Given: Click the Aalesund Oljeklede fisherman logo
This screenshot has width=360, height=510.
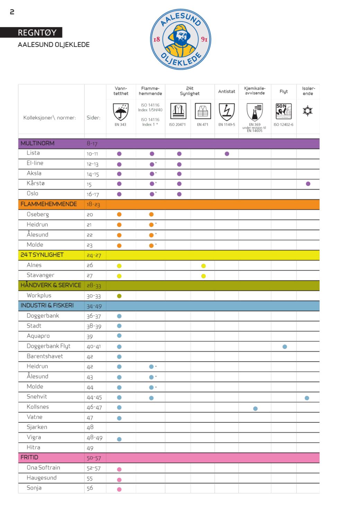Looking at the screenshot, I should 181,39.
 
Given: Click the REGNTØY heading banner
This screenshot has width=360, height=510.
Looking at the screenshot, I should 37,33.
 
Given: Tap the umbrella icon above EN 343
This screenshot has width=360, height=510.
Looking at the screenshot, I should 121,112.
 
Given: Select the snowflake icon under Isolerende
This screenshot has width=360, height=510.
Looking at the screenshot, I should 307,111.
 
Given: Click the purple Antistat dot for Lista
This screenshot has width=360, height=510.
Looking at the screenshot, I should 227,154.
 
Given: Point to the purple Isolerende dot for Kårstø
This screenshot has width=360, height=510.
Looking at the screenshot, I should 308,184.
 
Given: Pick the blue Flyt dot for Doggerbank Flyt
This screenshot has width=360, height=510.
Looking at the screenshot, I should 284,346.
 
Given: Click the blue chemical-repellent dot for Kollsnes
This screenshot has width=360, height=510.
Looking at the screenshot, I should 255,408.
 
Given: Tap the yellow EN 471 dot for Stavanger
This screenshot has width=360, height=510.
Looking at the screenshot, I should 203,276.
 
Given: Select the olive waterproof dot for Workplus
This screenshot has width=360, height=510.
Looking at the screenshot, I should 119,296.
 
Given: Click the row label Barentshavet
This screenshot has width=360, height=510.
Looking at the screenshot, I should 45,356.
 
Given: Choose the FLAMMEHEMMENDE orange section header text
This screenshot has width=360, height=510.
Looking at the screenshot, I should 49,204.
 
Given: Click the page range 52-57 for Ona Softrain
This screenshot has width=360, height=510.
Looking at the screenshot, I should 94,468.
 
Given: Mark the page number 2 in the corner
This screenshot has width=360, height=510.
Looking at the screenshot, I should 12,12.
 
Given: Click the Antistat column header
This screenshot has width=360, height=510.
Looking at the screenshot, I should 227,92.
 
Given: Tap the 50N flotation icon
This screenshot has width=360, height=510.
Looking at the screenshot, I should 283,111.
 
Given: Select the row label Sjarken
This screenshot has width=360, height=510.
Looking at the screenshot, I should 37,427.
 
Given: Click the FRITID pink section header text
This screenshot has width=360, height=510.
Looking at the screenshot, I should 29,457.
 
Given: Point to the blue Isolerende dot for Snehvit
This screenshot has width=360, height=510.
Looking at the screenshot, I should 307,398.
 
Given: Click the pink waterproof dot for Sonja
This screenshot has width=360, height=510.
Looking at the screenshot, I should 119,489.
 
